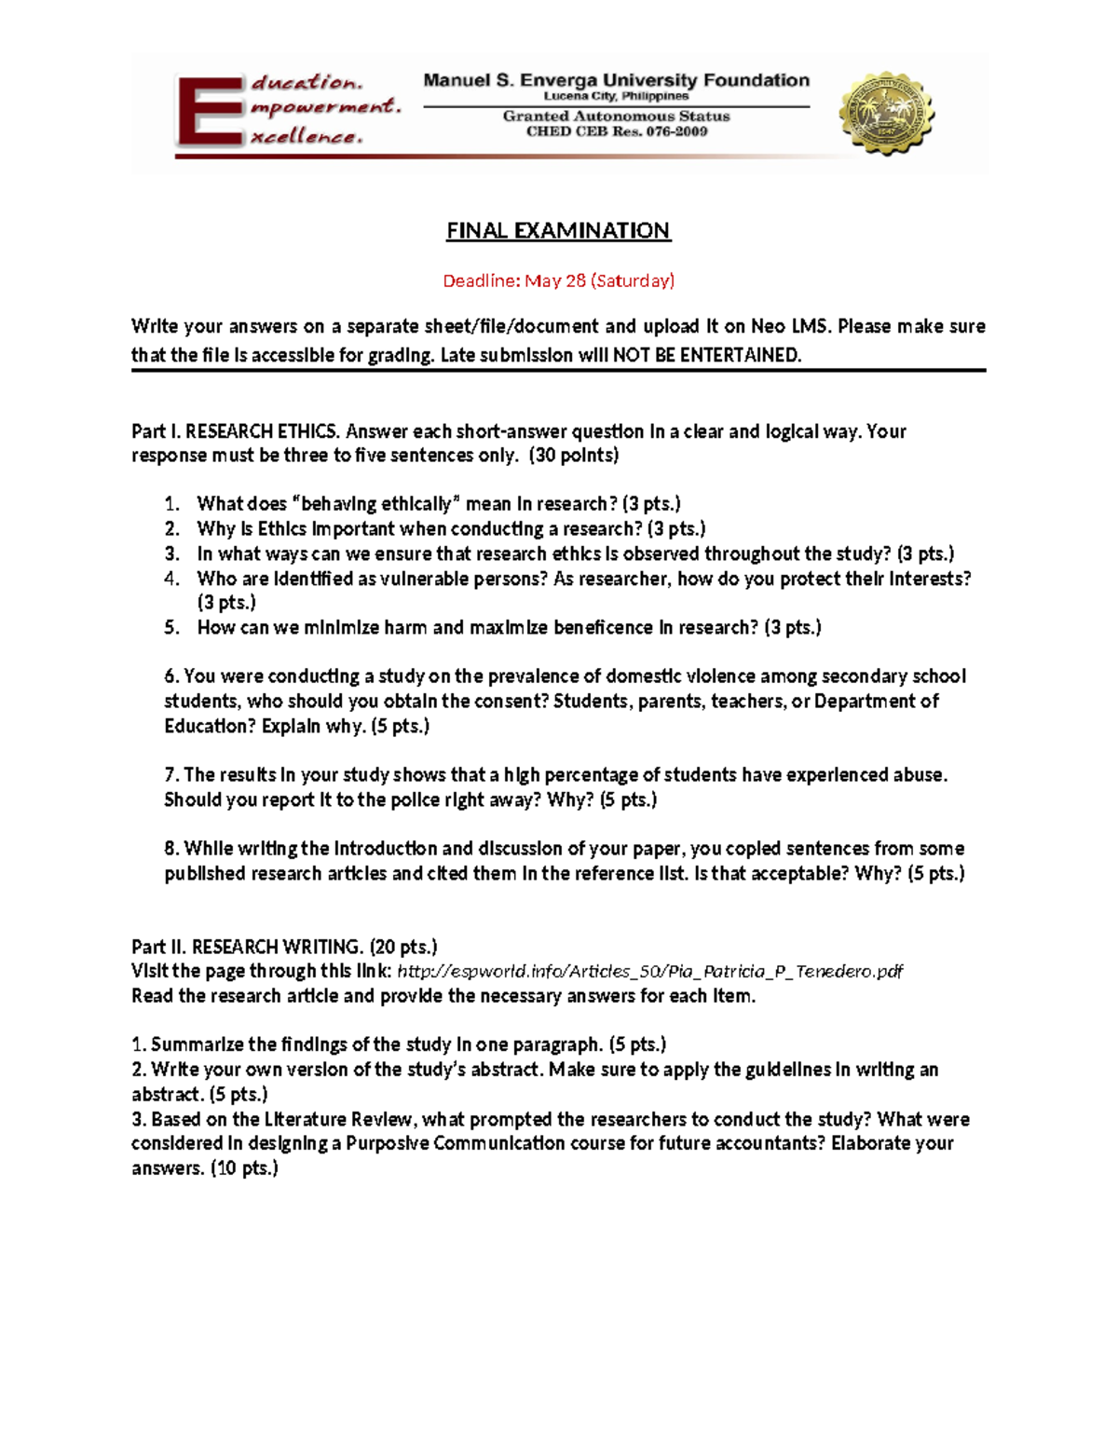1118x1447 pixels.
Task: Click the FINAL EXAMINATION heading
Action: [558, 230]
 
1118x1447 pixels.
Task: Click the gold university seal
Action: [886, 113]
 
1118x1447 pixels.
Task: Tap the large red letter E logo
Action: [209, 112]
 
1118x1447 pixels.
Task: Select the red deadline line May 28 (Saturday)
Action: [558, 280]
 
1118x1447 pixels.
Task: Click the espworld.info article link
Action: [649, 972]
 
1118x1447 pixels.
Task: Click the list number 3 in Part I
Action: [171, 554]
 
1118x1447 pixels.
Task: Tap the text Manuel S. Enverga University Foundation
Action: [616, 80]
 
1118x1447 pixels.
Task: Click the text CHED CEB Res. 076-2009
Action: [616, 131]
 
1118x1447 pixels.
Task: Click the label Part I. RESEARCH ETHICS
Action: [235, 431]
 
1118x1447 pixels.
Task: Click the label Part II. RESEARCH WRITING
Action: [247, 948]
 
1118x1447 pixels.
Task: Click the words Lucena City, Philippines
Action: [616, 96]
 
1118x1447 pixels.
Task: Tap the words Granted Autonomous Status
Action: [616, 116]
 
